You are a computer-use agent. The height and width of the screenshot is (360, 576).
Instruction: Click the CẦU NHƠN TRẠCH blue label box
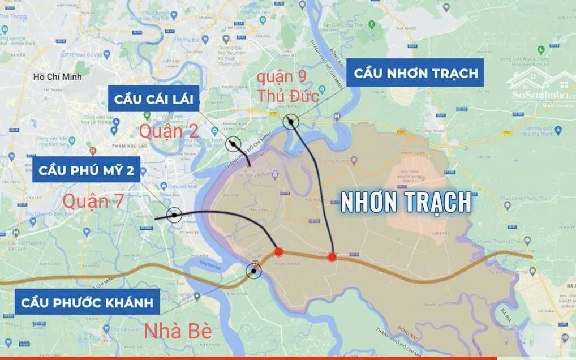coord(415,73)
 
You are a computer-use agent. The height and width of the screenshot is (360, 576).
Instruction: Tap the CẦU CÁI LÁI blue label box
coord(153,100)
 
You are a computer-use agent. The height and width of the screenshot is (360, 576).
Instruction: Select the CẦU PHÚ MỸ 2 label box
coord(87,170)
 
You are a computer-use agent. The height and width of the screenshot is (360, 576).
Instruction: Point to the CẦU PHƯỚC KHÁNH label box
coord(87,302)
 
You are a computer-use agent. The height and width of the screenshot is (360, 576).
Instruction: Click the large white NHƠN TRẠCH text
coord(406,202)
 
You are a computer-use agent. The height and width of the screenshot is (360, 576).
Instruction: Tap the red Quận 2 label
coord(169,131)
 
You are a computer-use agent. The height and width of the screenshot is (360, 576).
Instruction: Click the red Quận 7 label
coord(93,201)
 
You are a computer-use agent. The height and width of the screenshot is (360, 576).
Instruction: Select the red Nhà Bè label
coord(178,331)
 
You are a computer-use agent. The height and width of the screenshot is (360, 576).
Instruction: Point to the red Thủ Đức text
coord(288,96)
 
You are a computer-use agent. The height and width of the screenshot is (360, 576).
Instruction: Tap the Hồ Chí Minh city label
coord(58,77)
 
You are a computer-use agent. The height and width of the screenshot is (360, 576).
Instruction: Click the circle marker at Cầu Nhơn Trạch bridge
coord(291,121)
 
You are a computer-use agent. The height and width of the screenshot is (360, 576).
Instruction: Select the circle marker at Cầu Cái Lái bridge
coord(233,144)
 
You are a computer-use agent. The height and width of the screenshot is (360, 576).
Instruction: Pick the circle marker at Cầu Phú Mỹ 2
coord(174,215)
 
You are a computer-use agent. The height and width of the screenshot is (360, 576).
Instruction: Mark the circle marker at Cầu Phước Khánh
coord(253,272)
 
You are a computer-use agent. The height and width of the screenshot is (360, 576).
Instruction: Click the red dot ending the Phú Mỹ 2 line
coord(278,251)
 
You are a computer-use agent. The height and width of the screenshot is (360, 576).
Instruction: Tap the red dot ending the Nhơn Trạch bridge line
coord(332,257)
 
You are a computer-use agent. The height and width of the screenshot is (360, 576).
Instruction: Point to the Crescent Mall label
coord(182,186)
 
